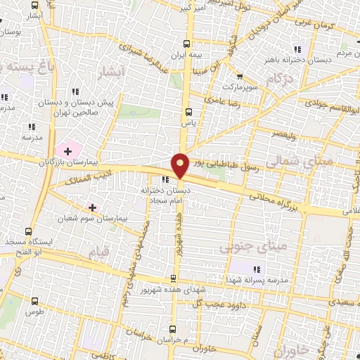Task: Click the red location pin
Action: [x=180, y=165]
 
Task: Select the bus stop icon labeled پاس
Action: [x=188, y=111]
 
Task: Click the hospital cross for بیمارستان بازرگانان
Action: [x=67, y=150]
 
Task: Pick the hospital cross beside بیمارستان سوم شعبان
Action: [x=92, y=207]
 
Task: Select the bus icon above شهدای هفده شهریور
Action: [x=174, y=278]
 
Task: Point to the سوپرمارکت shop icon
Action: [x=240, y=77]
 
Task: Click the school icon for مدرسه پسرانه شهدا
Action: [x=256, y=269]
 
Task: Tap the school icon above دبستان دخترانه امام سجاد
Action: [x=165, y=179]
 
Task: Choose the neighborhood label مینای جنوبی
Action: [x=244, y=248]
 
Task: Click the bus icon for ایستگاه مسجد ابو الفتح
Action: [x=28, y=231]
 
